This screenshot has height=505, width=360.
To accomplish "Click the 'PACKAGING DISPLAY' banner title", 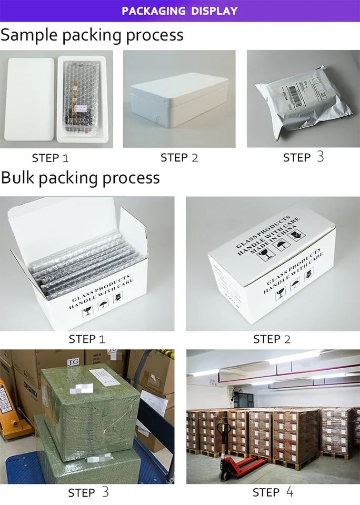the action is click(x=179, y=11).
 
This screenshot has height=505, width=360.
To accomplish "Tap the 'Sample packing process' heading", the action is click(x=92, y=35).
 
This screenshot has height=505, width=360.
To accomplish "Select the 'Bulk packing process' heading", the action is click(x=80, y=177).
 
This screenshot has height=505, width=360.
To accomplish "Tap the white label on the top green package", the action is click(x=105, y=376).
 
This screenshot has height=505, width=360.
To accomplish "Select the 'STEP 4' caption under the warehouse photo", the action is click(x=273, y=492).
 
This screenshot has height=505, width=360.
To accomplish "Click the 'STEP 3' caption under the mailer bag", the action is click(x=303, y=157).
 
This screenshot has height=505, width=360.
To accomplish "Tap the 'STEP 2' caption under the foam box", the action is click(x=179, y=157).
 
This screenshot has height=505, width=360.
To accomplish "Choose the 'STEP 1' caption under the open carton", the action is click(x=87, y=339).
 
